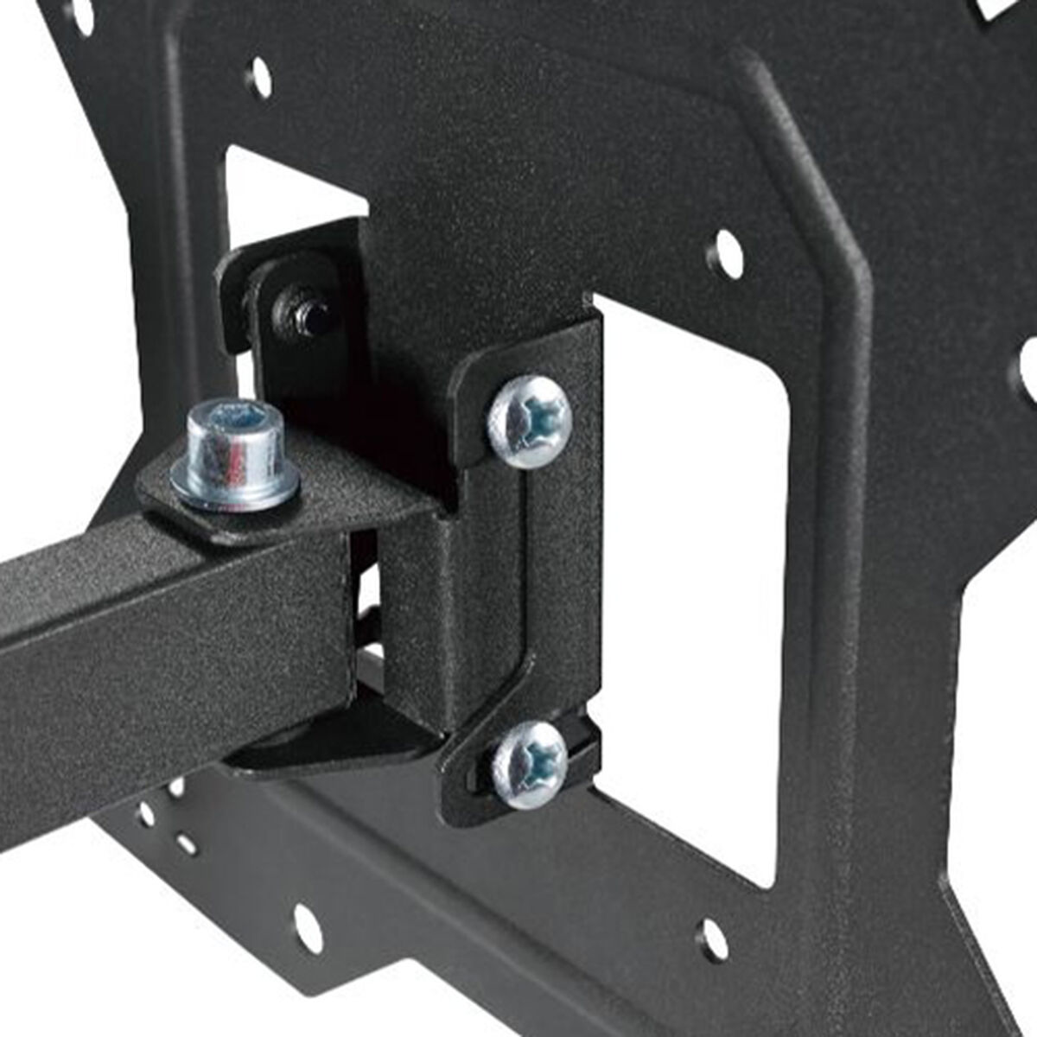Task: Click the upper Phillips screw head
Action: pos(530,422)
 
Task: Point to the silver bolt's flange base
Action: pos(235,488)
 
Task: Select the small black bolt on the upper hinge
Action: pos(300,312)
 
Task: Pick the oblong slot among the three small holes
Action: pos(186,843)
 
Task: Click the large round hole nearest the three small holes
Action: pos(308,929)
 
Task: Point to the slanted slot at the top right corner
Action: pos(994,10)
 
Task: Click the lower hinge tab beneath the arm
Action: pos(337,743)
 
